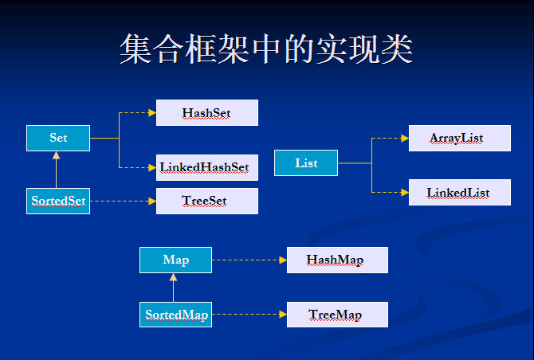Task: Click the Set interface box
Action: pos(58,138)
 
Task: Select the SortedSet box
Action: pos(58,201)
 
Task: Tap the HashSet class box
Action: pos(207,112)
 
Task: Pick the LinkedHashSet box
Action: pos(207,167)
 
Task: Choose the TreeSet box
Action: pos(207,201)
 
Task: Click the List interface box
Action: pos(306,163)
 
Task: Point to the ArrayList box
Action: pos(460,138)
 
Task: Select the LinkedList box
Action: pos(460,192)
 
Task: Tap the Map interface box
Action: pos(175,260)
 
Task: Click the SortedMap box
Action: pos(175,315)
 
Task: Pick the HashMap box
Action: pos(337,260)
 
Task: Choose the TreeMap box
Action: pos(337,315)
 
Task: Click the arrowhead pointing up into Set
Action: pos(57,155)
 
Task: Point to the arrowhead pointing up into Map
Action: pos(173,277)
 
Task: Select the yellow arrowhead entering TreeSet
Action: pos(152,201)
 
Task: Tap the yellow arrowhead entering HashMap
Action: pos(283,260)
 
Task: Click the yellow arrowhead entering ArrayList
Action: pos(405,138)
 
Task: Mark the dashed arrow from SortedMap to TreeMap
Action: pos(249,315)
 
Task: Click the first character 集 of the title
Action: pos(135,49)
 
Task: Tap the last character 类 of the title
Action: pos(397,49)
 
